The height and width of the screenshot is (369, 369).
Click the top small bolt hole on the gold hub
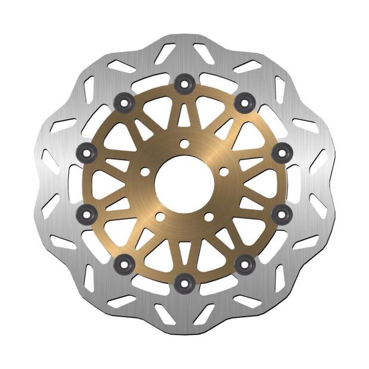click(x=185, y=144)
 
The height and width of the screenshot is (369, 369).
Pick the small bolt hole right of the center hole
click(x=224, y=171)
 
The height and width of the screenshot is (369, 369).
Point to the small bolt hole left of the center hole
click(x=145, y=171)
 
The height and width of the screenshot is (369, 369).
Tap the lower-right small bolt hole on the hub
click(x=208, y=217)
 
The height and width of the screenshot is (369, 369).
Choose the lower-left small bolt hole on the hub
click(x=160, y=217)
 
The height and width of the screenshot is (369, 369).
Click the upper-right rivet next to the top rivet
click(x=242, y=102)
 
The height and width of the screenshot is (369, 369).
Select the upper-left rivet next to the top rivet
click(x=126, y=102)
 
